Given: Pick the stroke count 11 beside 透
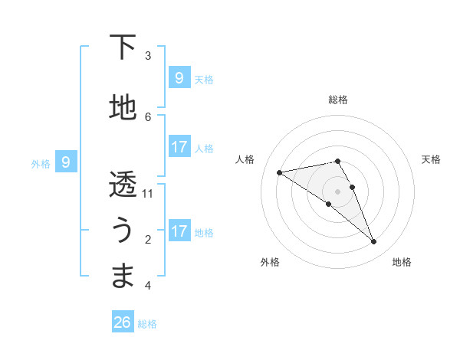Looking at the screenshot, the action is pyautogui.click(x=148, y=194).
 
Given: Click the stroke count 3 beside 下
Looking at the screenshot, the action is pyautogui.click(x=148, y=56).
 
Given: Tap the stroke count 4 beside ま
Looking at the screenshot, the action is pyautogui.click(x=148, y=286).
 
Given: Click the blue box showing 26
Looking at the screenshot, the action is pyautogui.click(x=123, y=322).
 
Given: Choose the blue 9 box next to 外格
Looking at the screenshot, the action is pyautogui.click(x=66, y=162).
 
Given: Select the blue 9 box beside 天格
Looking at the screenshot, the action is pyautogui.click(x=179, y=77).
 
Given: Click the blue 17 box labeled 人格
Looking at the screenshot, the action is pyautogui.click(x=179, y=147).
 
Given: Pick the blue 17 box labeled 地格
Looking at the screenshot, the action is pyautogui.click(x=179, y=231).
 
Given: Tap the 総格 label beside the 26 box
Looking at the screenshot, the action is pyautogui.click(x=147, y=324).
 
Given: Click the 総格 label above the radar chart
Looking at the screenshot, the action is pyautogui.click(x=338, y=100).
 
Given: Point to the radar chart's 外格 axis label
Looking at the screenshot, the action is pyautogui.click(x=270, y=262).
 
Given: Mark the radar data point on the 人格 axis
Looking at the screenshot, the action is pyautogui.click(x=279, y=172).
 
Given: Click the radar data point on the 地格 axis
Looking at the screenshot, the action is pyautogui.click(x=373, y=242).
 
